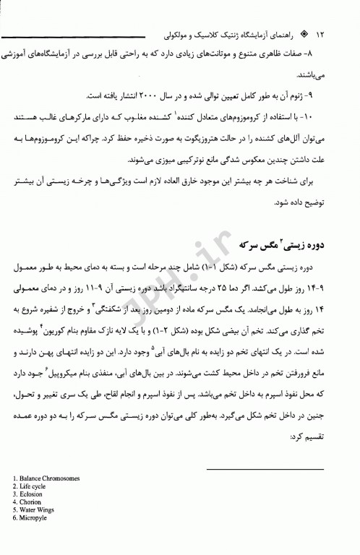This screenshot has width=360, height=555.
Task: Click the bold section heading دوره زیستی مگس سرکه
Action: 300,246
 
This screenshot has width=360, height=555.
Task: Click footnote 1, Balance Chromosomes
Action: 47,478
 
